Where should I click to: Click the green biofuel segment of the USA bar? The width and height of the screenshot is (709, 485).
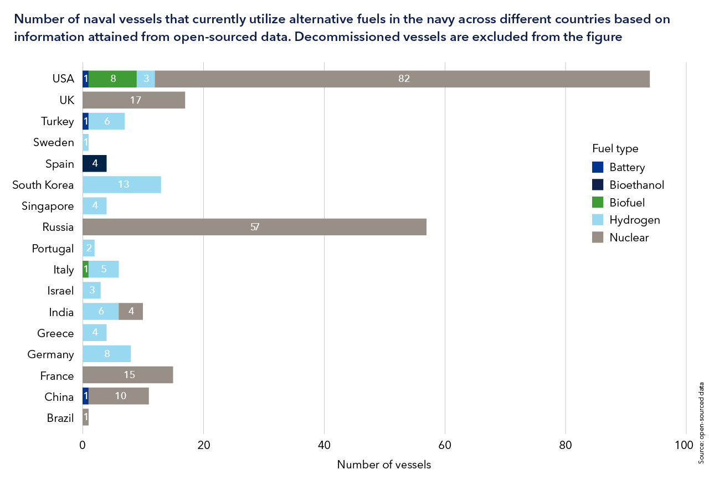[x=112, y=79]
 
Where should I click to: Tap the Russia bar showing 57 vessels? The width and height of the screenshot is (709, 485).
[x=254, y=227]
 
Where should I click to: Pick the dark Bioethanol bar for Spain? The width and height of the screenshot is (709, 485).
[x=94, y=163]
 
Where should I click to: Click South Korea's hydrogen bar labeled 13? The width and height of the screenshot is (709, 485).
[x=122, y=184]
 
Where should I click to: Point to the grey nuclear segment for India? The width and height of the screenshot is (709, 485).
[x=131, y=312]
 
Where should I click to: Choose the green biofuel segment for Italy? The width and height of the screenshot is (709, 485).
[x=85, y=270]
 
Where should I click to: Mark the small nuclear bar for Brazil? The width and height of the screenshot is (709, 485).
[x=85, y=418]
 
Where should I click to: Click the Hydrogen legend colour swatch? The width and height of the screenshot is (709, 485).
[x=598, y=220]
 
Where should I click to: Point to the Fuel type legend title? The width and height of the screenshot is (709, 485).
[x=615, y=148]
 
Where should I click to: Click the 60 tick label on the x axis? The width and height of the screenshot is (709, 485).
[x=445, y=445]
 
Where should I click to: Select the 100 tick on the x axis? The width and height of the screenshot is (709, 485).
[x=685, y=445]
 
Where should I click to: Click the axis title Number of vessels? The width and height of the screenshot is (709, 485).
[x=384, y=465]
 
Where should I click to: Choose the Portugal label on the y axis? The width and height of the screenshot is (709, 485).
[x=53, y=249]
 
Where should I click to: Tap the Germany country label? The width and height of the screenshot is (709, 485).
[x=50, y=354]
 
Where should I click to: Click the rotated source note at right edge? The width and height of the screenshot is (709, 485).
[x=701, y=415]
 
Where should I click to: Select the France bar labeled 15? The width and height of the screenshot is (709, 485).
[x=128, y=375]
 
